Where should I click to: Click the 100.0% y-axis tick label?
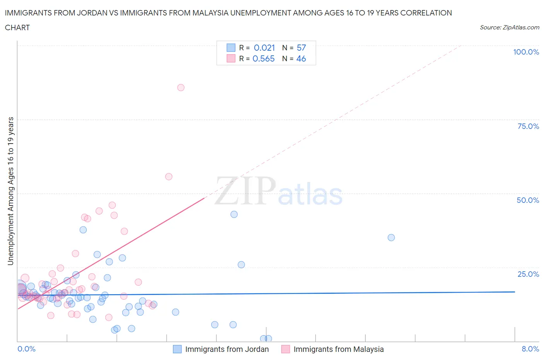(526, 52)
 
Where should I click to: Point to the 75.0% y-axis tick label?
(528, 126)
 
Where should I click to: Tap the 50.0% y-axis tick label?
(528, 200)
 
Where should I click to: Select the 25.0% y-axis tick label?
(528, 274)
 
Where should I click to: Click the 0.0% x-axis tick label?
(26, 349)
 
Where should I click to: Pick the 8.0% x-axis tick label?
(530, 349)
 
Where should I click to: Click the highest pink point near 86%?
(181, 87)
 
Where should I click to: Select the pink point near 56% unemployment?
(169, 177)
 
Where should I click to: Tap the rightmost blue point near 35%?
(391, 238)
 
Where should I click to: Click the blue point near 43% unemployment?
(234, 214)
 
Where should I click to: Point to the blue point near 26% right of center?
(241, 265)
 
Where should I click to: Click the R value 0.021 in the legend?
(264, 48)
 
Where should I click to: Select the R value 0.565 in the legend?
(263, 58)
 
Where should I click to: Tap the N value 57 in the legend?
(301, 48)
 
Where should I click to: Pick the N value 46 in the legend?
(301, 58)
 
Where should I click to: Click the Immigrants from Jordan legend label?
(227, 349)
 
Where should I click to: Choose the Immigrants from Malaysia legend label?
(339, 349)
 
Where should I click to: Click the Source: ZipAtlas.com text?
(509, 27)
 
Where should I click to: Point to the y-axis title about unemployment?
(10, 191)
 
